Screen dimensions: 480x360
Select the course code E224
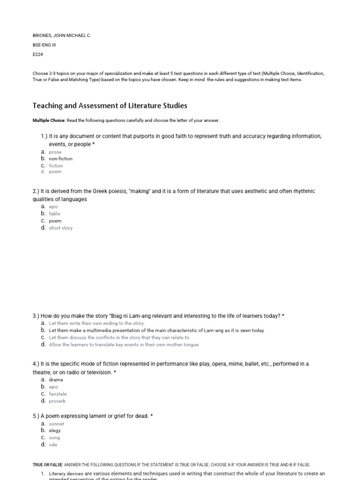click(37, 54)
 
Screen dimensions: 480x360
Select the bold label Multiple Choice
click(49, 120)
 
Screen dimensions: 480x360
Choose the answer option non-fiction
click(60, 159)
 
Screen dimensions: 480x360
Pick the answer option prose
click(55, 152)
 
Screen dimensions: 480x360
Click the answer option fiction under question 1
click(56, 166)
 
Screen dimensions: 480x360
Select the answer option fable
click(54, 214)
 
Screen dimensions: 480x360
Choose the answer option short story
click(60, 228)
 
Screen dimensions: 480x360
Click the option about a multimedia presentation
click(156, 330)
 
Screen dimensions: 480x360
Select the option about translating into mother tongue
click(123, 345)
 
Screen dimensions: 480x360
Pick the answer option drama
click(56, 380)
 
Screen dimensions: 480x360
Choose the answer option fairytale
click(58, 394)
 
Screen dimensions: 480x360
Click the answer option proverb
click(57, 401)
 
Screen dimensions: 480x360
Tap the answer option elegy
click(55, 430)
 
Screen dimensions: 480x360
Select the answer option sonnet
click(56, 424)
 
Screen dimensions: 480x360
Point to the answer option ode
click(53, 445)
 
